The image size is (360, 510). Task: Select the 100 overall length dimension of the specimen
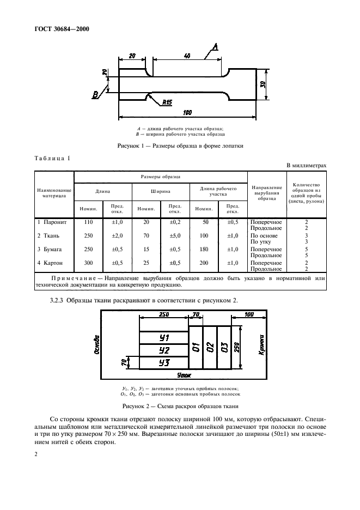(187, 112)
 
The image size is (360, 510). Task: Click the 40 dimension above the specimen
(187, 56)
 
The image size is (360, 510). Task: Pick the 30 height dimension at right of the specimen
(262, 84)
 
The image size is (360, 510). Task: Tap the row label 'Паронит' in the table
(52, 222)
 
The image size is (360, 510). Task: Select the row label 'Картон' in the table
(52, 262)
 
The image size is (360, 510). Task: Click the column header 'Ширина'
(160, 191)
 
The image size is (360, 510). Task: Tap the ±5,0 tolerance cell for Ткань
(175, 235)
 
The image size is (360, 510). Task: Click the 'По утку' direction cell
(260, 241)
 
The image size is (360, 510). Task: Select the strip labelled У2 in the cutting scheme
(164, 350)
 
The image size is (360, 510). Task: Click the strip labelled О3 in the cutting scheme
(224, 347)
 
